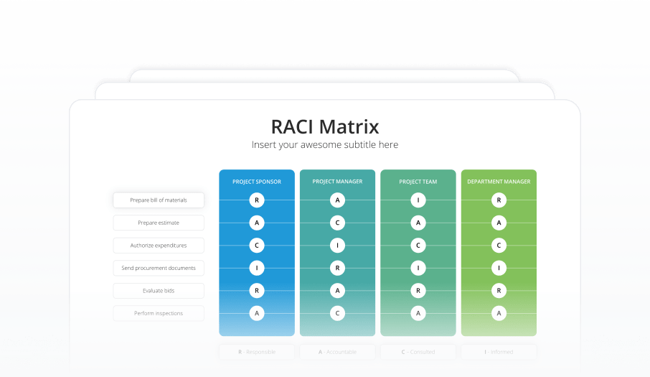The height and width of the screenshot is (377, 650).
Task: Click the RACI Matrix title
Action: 325,127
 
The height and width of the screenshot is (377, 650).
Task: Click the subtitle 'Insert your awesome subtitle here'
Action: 325,145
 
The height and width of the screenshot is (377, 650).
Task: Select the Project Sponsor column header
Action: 257,182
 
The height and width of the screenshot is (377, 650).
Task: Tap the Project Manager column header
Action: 337,182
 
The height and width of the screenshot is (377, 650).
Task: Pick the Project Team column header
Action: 418,182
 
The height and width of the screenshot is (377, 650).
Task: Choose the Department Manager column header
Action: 499,182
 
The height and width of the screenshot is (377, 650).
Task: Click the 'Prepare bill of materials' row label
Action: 159,200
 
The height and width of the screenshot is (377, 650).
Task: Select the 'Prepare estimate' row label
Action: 159,223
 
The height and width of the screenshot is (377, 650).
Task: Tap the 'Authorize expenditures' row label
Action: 159,246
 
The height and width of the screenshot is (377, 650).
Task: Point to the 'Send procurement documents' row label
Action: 159,268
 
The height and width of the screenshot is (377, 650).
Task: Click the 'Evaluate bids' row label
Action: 159,291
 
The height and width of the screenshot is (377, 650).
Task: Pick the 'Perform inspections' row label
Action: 159,313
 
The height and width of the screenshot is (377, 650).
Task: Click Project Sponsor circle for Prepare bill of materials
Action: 257,200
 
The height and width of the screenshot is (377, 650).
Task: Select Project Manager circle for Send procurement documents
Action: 337,268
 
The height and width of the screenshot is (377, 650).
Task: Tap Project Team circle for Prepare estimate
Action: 418,223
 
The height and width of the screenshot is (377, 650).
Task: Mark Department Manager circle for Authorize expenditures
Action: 499,246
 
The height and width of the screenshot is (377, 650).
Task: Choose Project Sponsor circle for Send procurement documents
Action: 257,268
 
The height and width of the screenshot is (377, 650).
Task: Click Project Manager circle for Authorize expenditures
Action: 337,246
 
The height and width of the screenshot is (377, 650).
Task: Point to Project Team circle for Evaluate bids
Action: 418,291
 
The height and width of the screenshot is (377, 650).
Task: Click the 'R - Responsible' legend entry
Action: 257,352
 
